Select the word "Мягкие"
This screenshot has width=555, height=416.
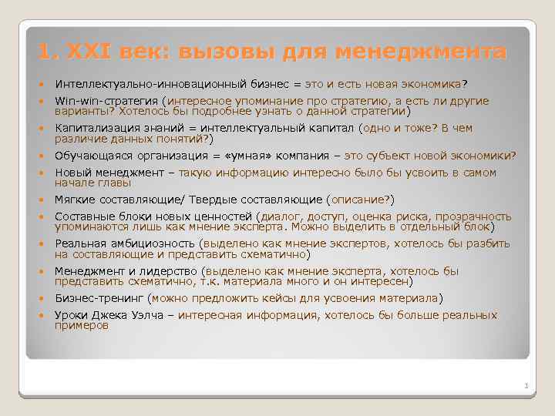(74, 200)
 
